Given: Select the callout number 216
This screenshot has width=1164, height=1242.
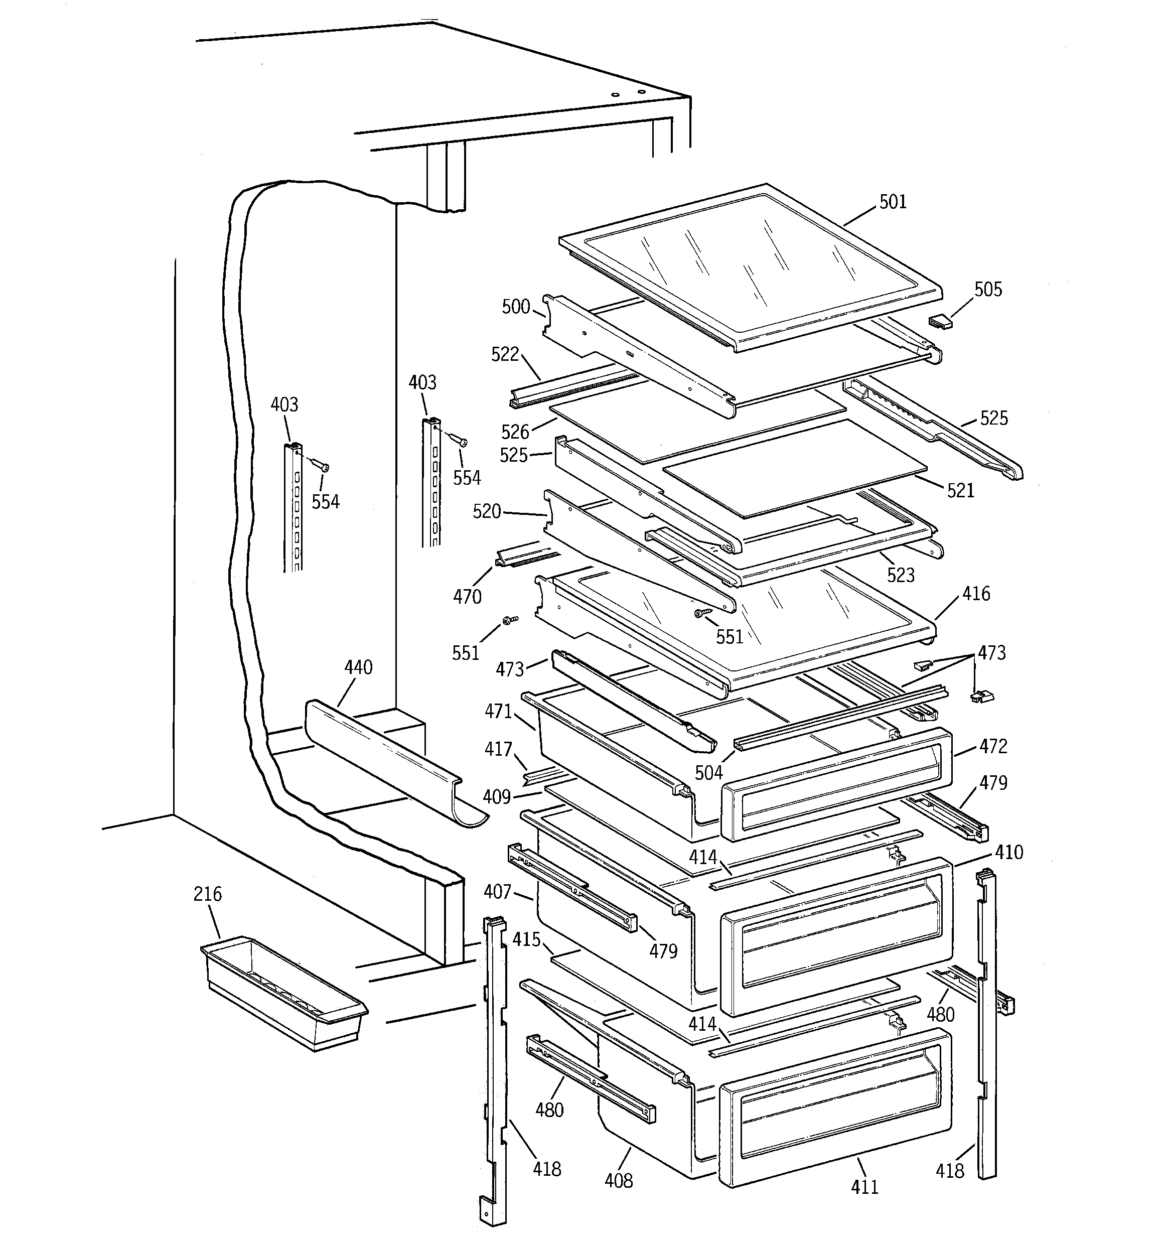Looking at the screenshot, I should [x=207, y=894].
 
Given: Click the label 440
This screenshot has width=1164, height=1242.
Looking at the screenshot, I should [x=358, y=667].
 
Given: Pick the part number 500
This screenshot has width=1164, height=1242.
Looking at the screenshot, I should [x=515, y=307].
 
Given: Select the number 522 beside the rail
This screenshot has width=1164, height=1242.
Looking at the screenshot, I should [x=505, y=354].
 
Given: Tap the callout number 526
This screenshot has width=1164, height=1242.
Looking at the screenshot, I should [x=515, y=432].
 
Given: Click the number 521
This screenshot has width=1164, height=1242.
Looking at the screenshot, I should [x=960, y=490].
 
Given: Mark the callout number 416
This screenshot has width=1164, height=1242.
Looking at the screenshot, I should [x=976, y=594].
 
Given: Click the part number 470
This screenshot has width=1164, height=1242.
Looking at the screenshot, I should [x=467, y=597].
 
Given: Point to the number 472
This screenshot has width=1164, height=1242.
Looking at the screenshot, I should [x=993, y=747].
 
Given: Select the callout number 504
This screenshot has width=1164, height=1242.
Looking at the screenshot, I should [x=708, y=773].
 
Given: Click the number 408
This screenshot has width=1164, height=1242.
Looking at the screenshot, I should [x=619, y=1180].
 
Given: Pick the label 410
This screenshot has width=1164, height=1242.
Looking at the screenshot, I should [x=1008, y=852].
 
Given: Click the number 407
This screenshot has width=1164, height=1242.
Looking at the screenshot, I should [x=497, y=892].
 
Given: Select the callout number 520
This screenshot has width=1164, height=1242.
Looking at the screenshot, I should [x=487, y=512].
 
